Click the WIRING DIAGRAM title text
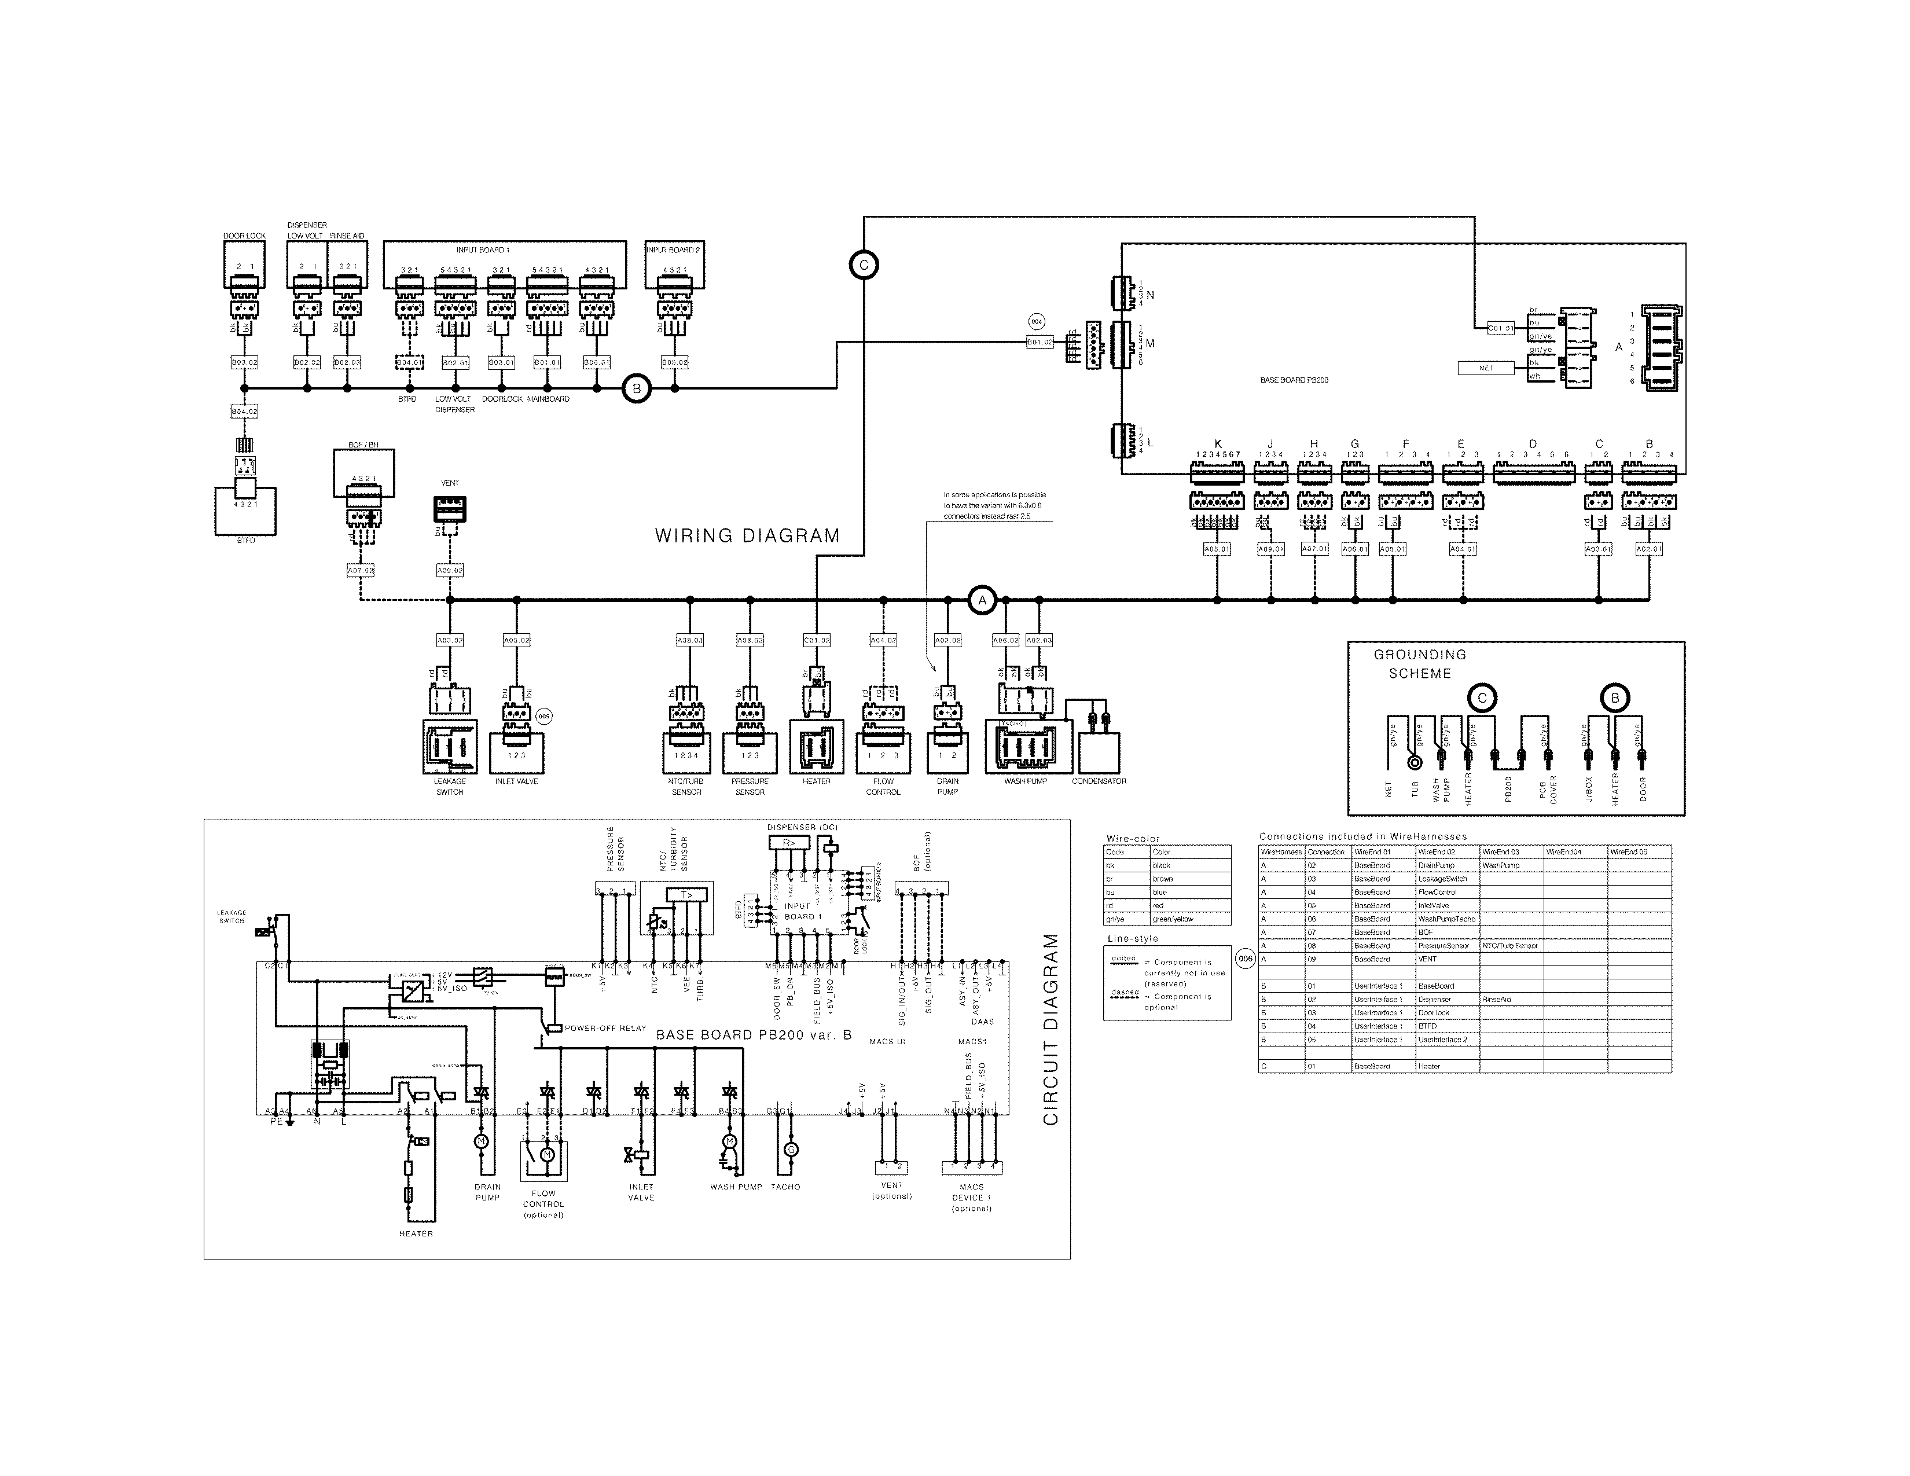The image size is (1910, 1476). pyautogui.click(x=747, y=536)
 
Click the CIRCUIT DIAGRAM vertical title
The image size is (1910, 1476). pyautogui.click(x=1050, y=1029)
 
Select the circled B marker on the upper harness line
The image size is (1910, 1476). pyautogui.click(x=637, y=389)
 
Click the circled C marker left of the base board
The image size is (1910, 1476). pyautogui.click(x=863, y=265)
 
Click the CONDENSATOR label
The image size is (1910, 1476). pyautogui.click(x=1099, y=781)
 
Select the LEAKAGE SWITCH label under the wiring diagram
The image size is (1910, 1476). pyautogui.click(x=450, y=786)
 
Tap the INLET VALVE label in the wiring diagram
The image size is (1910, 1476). pyautogui.click(x=516, y=781)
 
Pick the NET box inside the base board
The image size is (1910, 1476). pyautogui.click(x=1486, y=368)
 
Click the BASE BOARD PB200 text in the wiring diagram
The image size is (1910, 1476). pyautogui.click(x=1294, y=380)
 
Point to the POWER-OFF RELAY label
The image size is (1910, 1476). pyautogui.click(x=605, y=1029)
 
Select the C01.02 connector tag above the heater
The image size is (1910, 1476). pyautogui.click(x=816, y=640)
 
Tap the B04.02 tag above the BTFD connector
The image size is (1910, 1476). pyautogui.click(x=244, y=411)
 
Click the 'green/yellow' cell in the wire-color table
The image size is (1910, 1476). pyautogui.click(x=1172, y=919)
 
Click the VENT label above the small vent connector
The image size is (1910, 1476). pyautogui.click(x=450, y=483)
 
